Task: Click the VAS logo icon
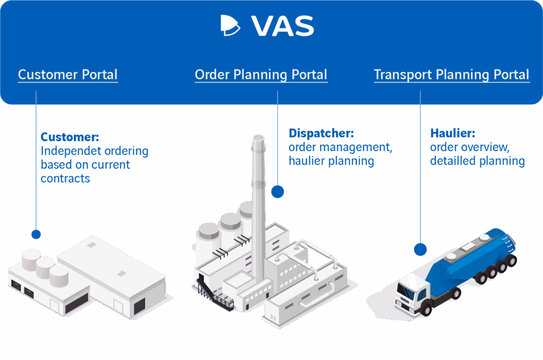(x=230, y=25)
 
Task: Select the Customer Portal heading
(x=68, y=75)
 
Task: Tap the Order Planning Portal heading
(x=261, y=75)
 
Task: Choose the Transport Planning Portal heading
(x=452, y=75)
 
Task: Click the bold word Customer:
(x=70, y=137)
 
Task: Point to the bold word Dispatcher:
(x=321, y=133)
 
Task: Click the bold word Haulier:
(x=452, y=133)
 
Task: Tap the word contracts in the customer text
(x=65, y=178)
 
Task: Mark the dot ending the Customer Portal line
(x=36, y=234)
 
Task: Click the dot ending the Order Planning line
(x=277, y=192)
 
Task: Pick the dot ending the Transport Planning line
(x=420, y=249)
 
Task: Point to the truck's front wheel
(x=426, y=309)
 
